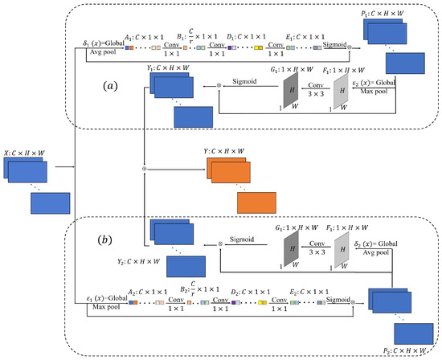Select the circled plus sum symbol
(144, 170)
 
